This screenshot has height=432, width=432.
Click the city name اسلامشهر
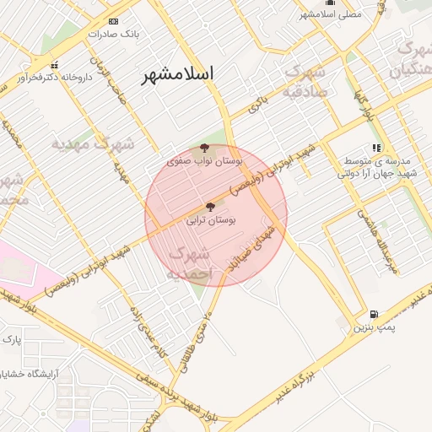177,73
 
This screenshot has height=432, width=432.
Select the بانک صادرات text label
113,35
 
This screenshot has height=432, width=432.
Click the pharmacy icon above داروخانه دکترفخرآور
55,65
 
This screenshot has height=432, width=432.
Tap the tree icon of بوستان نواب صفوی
204,147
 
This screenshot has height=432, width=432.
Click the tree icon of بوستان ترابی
210,206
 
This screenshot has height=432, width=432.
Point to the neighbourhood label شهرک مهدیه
93,143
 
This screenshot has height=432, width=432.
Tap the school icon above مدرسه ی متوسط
376,148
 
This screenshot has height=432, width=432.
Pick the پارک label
11,339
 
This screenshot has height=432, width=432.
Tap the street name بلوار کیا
364,107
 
